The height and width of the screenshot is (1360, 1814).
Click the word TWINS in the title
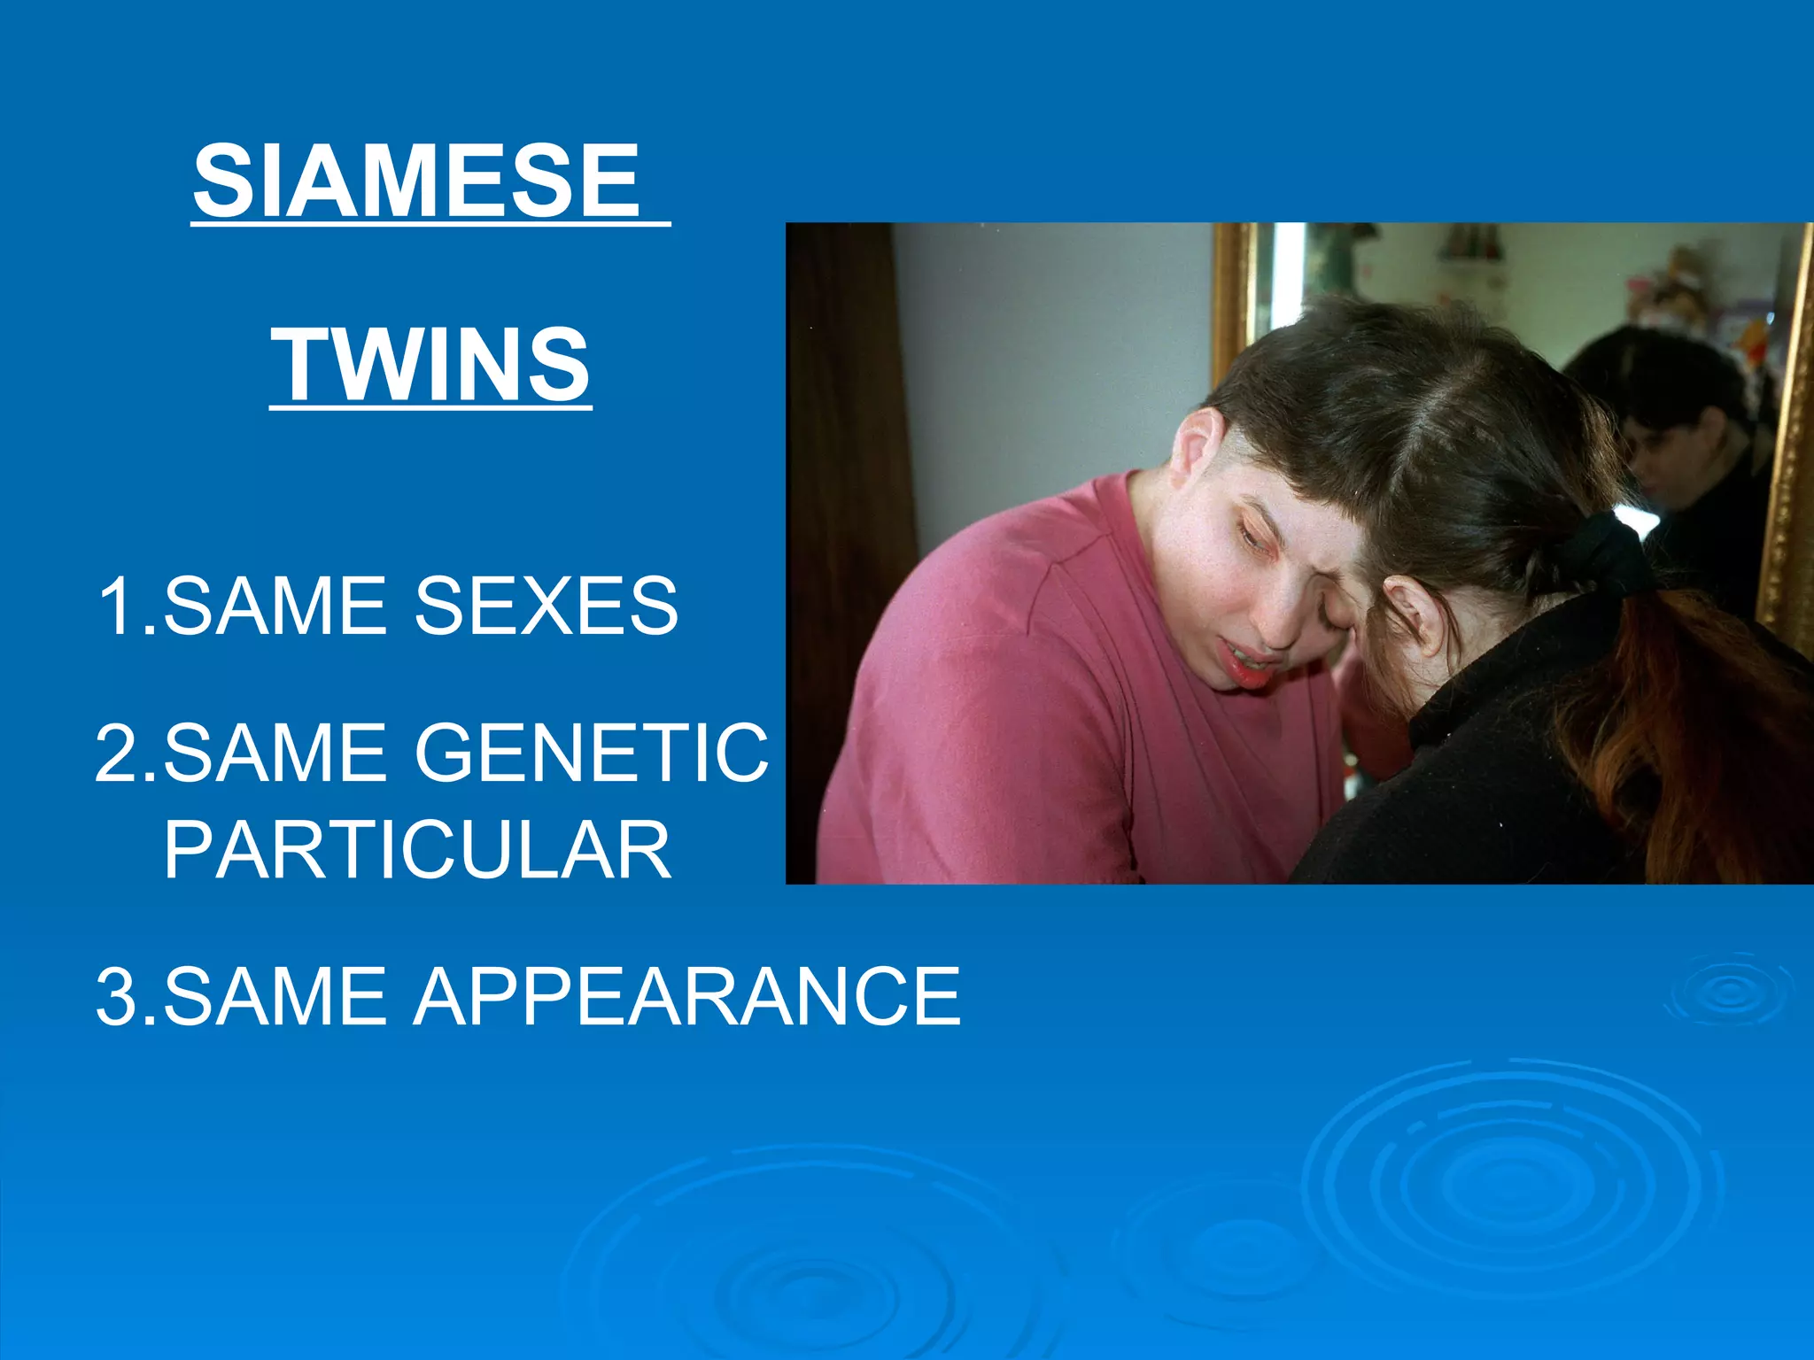pos(430,364)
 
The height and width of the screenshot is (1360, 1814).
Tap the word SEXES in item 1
pos(546,606)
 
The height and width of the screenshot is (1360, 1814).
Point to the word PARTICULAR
pos(417,849)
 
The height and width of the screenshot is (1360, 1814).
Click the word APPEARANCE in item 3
pos(686,996)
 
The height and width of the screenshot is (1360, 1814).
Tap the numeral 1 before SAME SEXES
pos(115,606)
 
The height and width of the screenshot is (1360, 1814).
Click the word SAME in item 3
pos(275,996)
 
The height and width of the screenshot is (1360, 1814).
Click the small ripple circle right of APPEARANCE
pos(1730,989)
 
